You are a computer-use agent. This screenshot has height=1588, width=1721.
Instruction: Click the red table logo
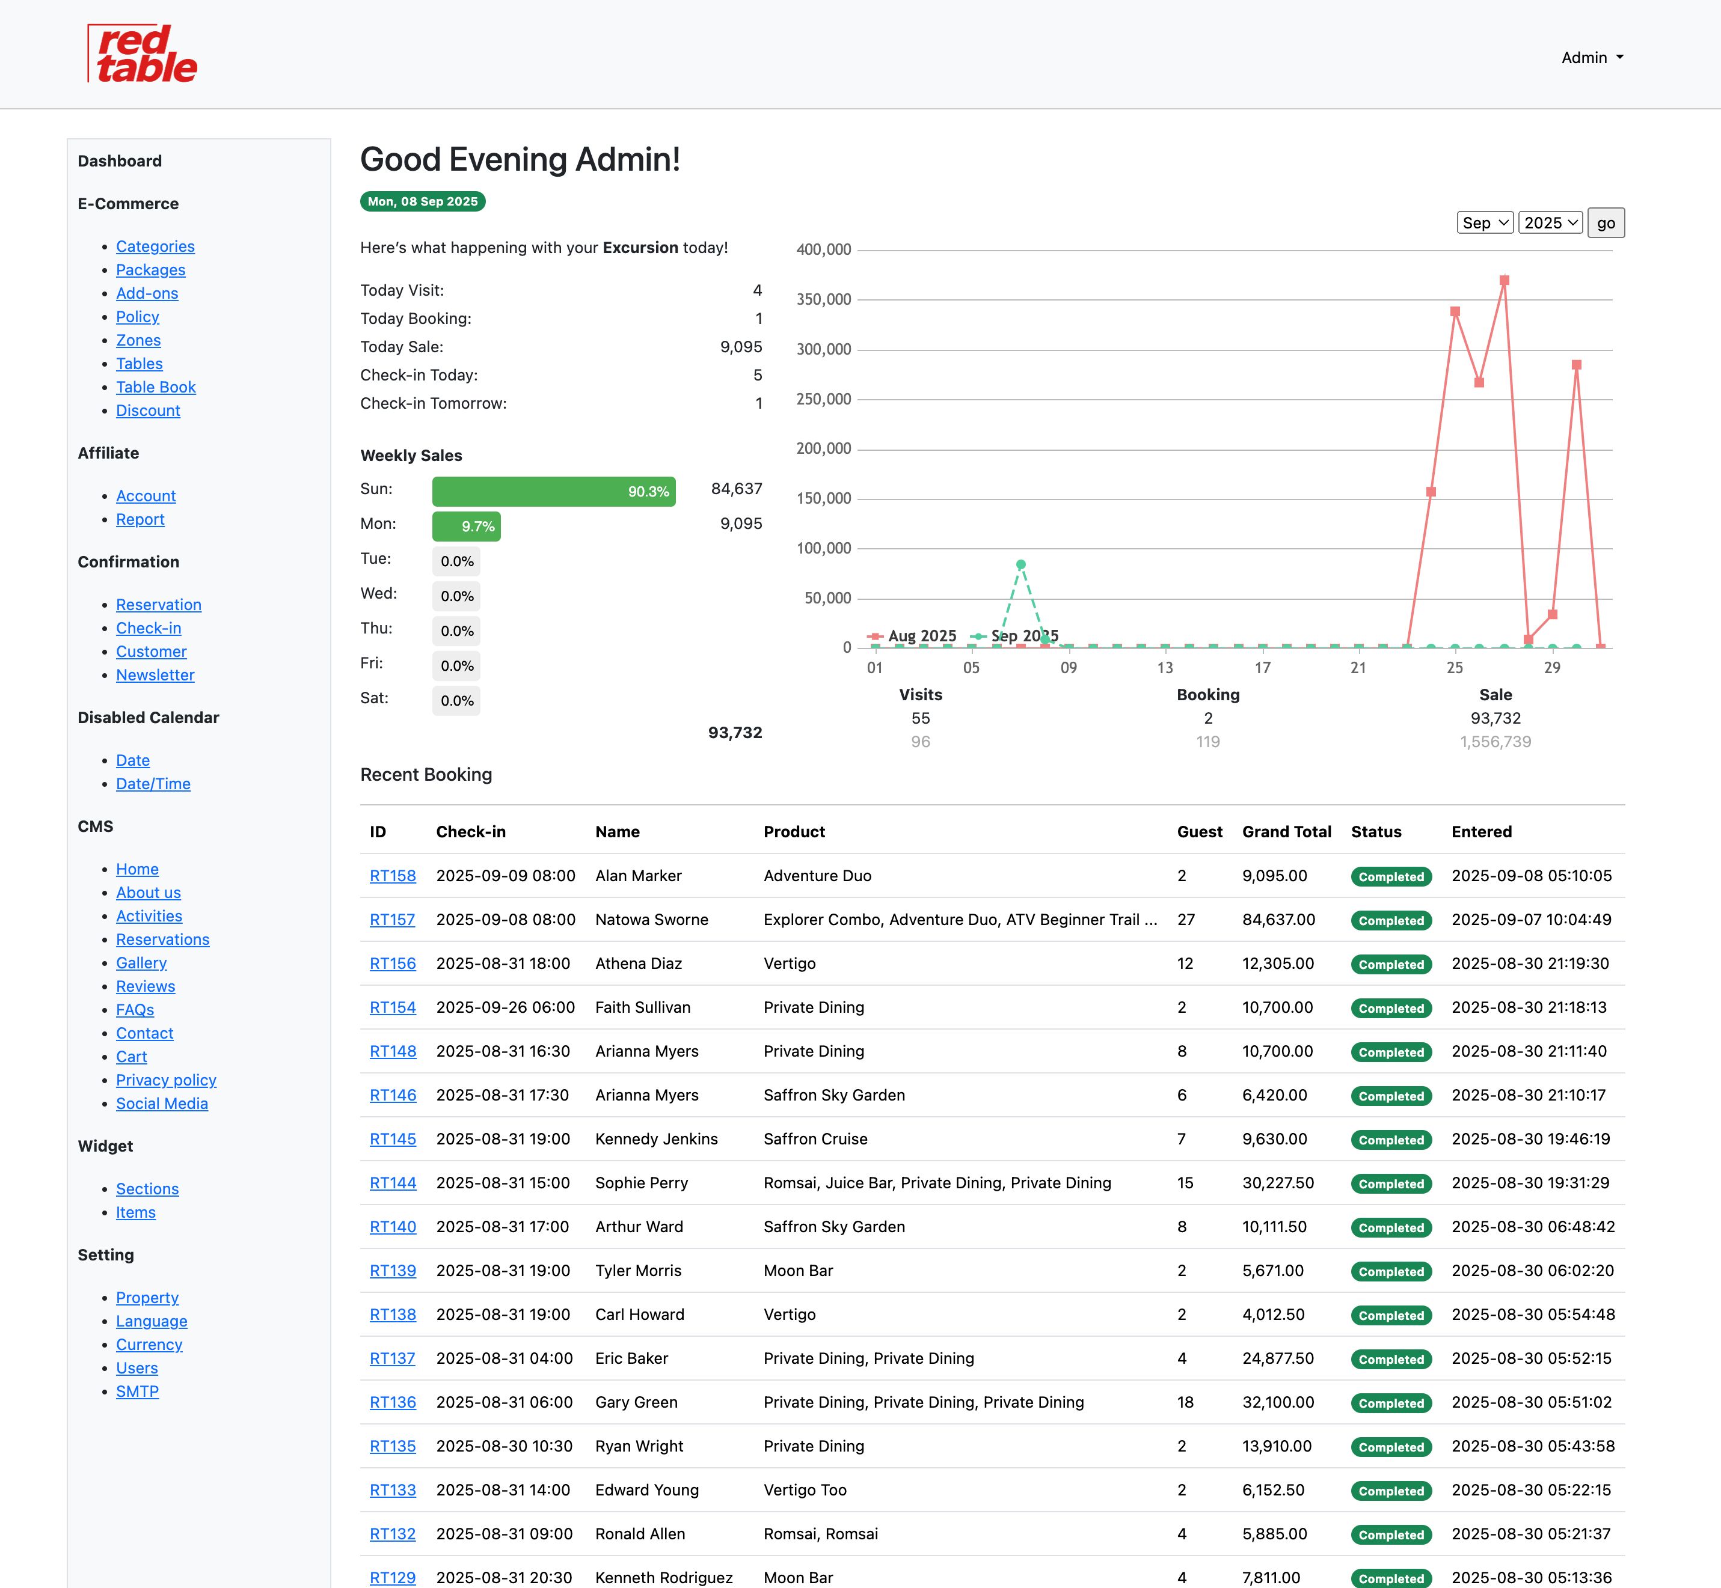click(x=143, y=54)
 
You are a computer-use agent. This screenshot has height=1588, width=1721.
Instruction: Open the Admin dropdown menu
click(x=1592, y=58)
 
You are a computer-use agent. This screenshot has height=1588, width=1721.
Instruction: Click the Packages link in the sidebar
click(x=150, y=270)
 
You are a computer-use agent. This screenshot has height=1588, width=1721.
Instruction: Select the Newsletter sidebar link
click(x=155, y=676)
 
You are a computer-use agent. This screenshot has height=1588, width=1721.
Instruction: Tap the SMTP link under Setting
click(x=138, y=1391)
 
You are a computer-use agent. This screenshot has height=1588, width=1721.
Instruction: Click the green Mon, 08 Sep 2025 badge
click(x=422, y=201)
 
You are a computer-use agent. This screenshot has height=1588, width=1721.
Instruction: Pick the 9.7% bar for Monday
click(x=466, y=527)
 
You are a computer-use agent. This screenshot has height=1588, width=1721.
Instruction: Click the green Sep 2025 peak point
click(x=1020, y=564)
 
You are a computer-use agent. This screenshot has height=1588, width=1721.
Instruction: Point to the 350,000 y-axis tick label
click(x=824, y=300)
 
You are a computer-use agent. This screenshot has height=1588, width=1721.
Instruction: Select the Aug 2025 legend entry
click(x=913, y=636)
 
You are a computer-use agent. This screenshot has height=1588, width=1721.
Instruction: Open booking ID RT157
click(x=392, y=920)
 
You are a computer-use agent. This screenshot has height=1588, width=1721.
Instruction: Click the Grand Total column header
click(x=1286, y=832)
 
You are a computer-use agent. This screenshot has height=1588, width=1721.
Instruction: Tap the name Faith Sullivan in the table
click(x=642, y=1007)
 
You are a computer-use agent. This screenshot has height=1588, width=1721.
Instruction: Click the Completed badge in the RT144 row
click(x=1391, y=1184)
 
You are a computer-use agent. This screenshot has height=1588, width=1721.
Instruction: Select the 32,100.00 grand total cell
click(x=1277, y=1402)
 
